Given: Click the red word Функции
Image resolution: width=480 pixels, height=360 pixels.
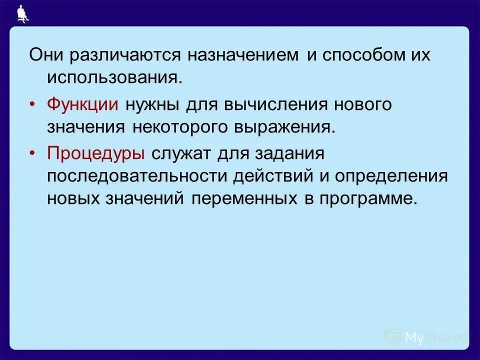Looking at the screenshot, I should tap(82, 104).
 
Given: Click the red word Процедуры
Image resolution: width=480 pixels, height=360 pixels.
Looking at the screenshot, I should tap(96, 153).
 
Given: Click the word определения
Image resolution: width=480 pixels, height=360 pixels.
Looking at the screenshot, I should tap(391, 176).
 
